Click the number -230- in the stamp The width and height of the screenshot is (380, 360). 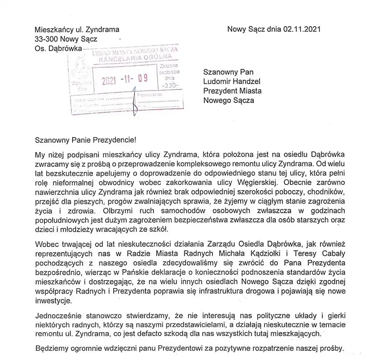coord(167,85)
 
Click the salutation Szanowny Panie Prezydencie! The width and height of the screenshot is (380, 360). coord(85,139)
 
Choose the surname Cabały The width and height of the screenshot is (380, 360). coord(331,253)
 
